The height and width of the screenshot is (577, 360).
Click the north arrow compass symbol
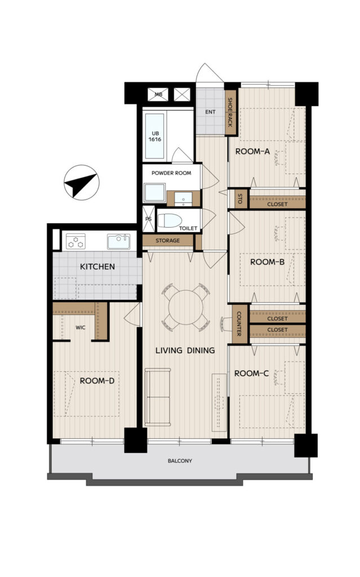[81, 183]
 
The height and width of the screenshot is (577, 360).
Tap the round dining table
[186, 307]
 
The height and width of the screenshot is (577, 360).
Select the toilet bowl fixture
[170, 221]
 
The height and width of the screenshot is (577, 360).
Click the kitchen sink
[118, 242]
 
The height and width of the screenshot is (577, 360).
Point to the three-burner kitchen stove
[76, 242]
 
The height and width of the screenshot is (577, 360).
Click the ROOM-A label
[252, 151]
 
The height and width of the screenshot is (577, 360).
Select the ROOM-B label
[267, 262]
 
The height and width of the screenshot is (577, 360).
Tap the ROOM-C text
[251, 374]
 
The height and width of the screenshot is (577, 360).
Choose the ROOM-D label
[97, 381]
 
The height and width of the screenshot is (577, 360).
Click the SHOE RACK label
[230, 112]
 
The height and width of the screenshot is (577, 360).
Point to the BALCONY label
[180, 461]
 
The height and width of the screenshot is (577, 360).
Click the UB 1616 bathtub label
[155, 136]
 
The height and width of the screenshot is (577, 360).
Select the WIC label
[80, 327]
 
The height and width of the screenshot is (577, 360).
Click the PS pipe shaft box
[149, 219]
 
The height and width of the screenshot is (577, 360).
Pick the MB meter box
[158, 95]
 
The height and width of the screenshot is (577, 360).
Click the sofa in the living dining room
[158, 397]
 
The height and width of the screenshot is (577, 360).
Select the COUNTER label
[238, 324]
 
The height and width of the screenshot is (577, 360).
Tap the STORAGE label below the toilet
[167, 241]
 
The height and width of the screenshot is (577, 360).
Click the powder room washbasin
[183, 199]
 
